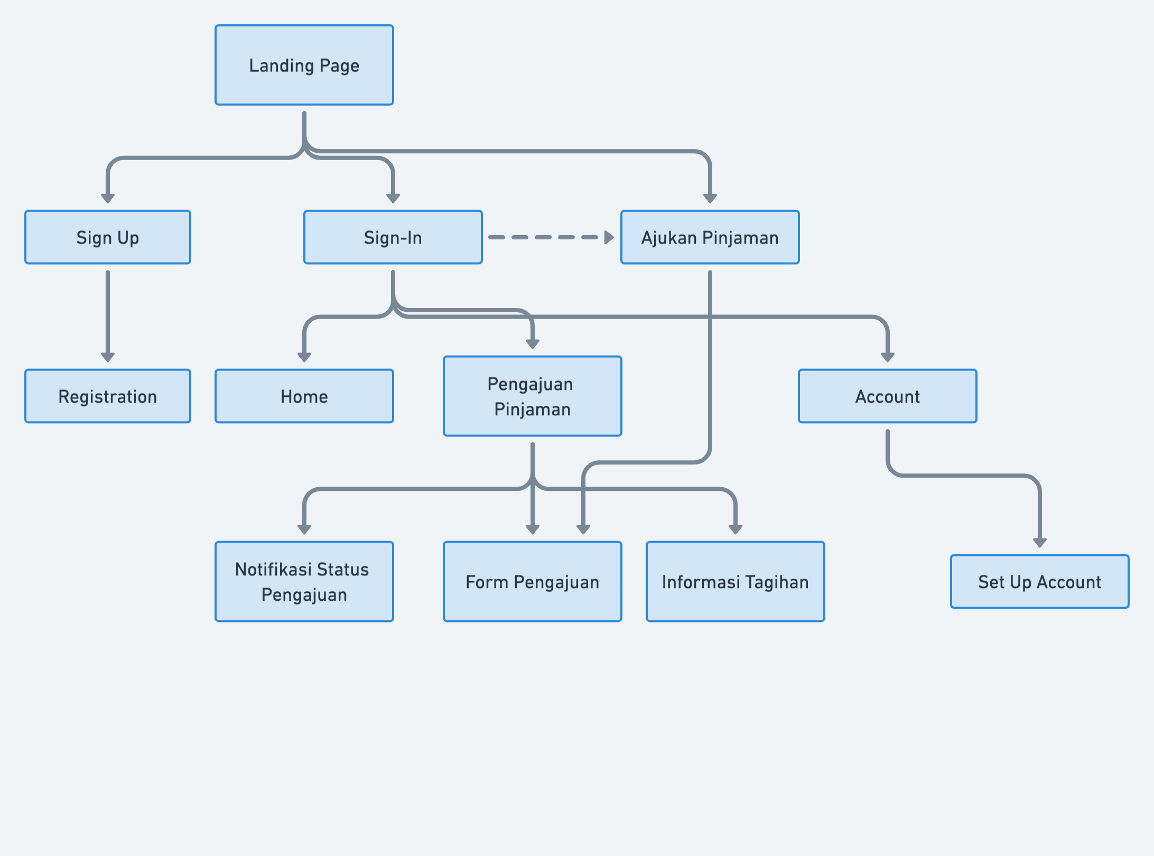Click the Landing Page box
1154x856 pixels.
[304, 65]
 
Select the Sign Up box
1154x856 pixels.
[108, 237]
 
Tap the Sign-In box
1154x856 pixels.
[393, 237]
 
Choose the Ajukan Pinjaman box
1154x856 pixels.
[710, 237]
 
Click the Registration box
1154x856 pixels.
[108, 396]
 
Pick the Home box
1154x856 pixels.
[304, 396]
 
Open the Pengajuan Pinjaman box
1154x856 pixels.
[532, 396]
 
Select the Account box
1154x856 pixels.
[887, 396]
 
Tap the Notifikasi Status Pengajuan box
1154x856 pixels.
[304, 582]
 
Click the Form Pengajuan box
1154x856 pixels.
[532, 582]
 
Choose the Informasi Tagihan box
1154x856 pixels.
[735, 582]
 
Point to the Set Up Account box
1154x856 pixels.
[1039, 582]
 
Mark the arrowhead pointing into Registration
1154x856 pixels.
[108, 358]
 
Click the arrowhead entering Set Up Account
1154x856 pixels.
[1039, 543]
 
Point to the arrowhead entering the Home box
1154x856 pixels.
[304, 358]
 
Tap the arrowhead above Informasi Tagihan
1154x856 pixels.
[735, 529]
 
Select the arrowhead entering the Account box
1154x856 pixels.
[887, 358]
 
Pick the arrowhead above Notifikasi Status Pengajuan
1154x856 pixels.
[304, 529]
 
